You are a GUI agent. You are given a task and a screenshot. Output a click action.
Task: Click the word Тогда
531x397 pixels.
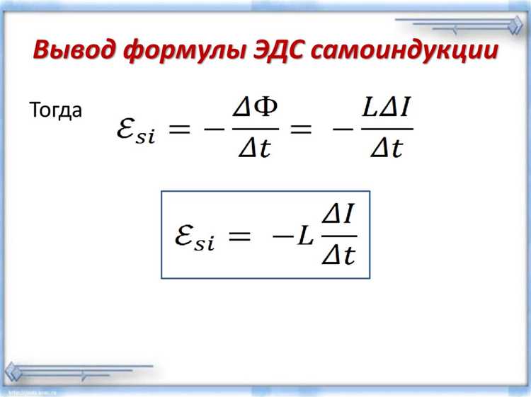(55, 110)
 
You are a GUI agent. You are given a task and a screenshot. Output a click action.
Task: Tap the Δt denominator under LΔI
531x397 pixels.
(387, 147)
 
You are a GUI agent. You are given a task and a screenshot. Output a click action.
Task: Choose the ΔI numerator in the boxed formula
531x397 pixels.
(338, 215)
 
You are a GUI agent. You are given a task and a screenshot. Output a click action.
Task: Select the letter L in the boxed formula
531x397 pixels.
(305, 235)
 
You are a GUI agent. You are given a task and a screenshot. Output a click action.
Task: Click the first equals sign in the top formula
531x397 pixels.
(180, 128)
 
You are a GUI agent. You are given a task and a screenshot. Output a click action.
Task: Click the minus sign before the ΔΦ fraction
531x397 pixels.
(214, 128)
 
